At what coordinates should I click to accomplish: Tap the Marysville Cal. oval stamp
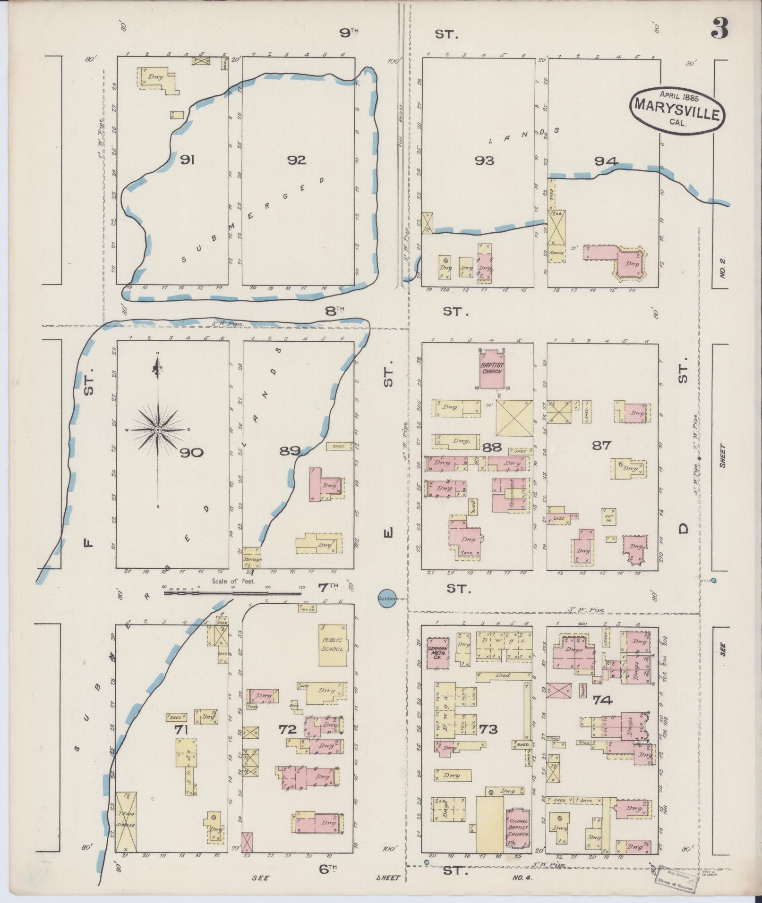point(677,109)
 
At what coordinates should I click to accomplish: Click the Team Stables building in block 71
point(126,822)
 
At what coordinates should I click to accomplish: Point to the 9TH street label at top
point(350,32)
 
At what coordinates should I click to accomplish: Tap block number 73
point(488,743)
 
